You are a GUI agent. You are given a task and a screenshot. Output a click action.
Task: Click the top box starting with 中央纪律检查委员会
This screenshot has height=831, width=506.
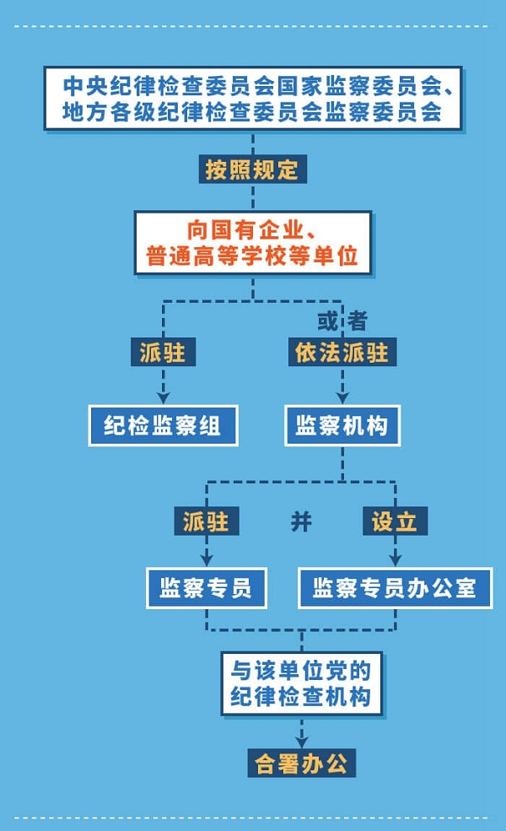(253, 99)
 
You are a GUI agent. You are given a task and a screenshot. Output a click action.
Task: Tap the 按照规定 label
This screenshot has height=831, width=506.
(253, 169)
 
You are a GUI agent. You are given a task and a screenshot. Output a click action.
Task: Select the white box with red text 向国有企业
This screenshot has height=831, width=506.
(253, 243)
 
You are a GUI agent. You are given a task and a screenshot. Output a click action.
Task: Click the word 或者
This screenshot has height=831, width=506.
(342, 321)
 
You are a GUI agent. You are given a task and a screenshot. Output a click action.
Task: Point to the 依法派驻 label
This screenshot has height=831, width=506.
(342, 353)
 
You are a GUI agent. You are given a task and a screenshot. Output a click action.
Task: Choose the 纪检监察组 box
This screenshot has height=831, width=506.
(164, 426)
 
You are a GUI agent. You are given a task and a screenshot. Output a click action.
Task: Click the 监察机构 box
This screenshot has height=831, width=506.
(342, 426)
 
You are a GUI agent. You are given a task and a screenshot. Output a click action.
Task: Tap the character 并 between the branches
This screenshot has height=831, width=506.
(301, 521)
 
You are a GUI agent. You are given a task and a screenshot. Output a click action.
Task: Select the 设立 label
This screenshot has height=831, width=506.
(395, 521)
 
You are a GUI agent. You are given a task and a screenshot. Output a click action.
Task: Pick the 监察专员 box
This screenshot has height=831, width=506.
(207, 588)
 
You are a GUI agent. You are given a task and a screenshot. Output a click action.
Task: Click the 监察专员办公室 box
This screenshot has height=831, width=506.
(395, 588)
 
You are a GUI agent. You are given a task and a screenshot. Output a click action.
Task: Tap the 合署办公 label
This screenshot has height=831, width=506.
(301, 764)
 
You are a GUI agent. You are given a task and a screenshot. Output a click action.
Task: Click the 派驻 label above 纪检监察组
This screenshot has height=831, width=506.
(164, 353)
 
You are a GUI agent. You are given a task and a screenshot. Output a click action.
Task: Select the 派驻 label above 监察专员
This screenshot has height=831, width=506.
(207, 521)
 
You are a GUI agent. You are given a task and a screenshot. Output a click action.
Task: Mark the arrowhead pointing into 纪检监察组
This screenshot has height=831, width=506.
(164, 396)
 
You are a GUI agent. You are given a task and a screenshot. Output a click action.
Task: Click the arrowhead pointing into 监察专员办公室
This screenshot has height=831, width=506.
(395, 559)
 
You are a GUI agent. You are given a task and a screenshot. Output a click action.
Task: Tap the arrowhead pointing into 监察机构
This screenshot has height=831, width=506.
(342, 396)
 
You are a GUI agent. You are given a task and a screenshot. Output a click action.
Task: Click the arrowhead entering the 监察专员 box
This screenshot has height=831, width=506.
(207, 559)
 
